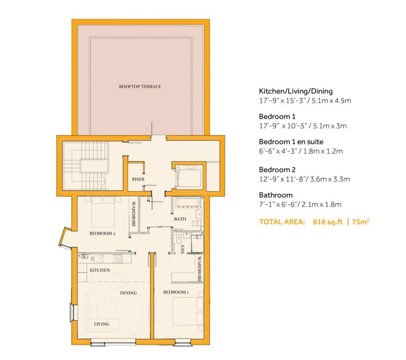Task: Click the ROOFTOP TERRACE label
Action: [140, 87]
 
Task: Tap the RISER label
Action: [138, 180]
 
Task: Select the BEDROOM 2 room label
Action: [102, 234]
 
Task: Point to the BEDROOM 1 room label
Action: [176, 292]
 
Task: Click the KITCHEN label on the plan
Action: [100, 270]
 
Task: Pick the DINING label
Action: [128, 293]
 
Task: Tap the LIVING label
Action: [101, 324]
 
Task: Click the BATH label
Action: [179, 219]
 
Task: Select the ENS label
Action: [183, 249]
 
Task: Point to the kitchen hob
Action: [118, 258]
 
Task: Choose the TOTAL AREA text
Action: [282, 222]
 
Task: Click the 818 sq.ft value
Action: [324, 222]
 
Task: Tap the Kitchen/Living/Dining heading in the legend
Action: [296, 91]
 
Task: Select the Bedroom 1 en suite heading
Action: [290, 141]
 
